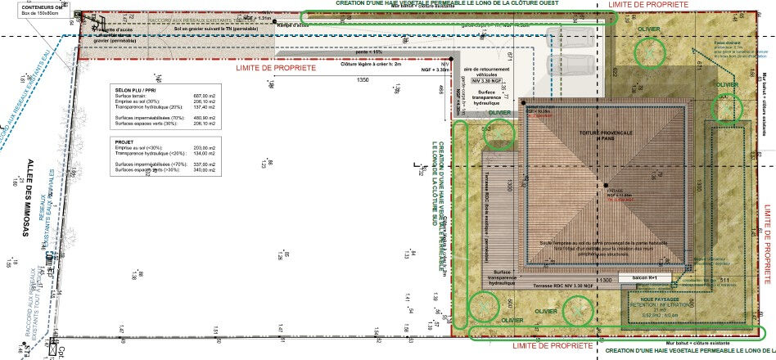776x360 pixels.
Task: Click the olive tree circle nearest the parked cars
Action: pos(650,52)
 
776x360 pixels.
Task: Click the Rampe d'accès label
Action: pos(293,25)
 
